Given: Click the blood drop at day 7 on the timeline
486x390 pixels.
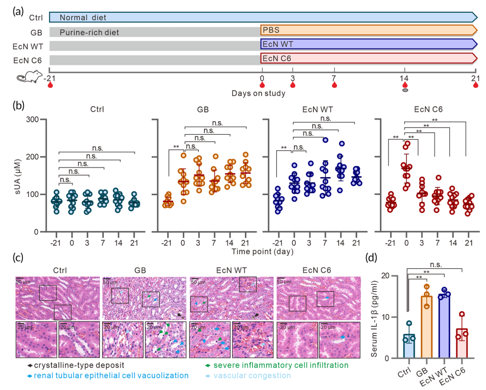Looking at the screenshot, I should pyautogui.click(x=334, y=85).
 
